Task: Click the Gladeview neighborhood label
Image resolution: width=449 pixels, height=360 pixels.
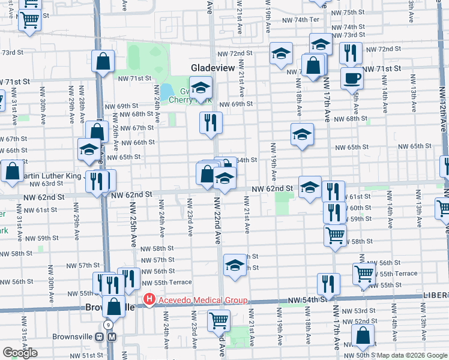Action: click(x=212, y=68)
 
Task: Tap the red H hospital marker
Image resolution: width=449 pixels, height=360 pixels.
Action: click(x=149, y=299)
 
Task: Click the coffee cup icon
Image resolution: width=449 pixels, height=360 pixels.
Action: click(x=352, y=77)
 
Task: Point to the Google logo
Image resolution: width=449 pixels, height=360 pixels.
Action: click(x=20, y=353)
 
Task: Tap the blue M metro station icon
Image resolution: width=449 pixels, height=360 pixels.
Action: click(x=112, y=337)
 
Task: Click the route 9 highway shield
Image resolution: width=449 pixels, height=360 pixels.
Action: click(x=107, y=325)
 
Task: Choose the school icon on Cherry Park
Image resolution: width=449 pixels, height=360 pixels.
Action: click(x=200, y=88)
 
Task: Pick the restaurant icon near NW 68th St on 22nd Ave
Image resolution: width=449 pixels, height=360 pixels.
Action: click(x=211, y=123)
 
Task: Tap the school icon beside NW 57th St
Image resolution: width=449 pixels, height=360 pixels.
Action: click(x=235, y=263)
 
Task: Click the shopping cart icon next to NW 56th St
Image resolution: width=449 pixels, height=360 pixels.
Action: click(x=364, y=273)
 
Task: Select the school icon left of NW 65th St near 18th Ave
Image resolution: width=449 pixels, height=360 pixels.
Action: click(x=302, y=134)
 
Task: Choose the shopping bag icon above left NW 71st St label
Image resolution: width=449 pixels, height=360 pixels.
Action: click(x=103, y=61)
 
